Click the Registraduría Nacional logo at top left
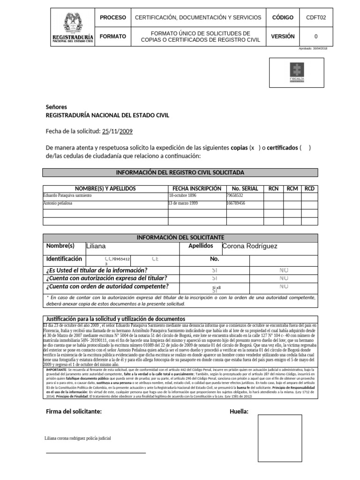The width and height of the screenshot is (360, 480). [x=73, y=29]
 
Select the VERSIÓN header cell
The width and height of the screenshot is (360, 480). [x=283, y=37]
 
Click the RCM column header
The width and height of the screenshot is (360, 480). [x=292, y=188]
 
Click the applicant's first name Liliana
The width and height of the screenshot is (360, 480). [x=96, y=246]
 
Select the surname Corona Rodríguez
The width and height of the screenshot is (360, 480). [x=250, y=246]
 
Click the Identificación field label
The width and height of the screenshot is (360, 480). [x=64, y=259]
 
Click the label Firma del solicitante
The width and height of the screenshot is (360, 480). [x=74, y=412]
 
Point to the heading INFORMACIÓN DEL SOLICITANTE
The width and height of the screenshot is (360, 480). [x=180, y=237]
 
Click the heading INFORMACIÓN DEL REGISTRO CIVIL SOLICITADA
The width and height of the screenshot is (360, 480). [x=180, y=172]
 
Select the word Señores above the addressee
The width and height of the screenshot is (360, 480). [x=56, y=106]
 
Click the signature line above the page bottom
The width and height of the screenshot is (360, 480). [x=96, y=453]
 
